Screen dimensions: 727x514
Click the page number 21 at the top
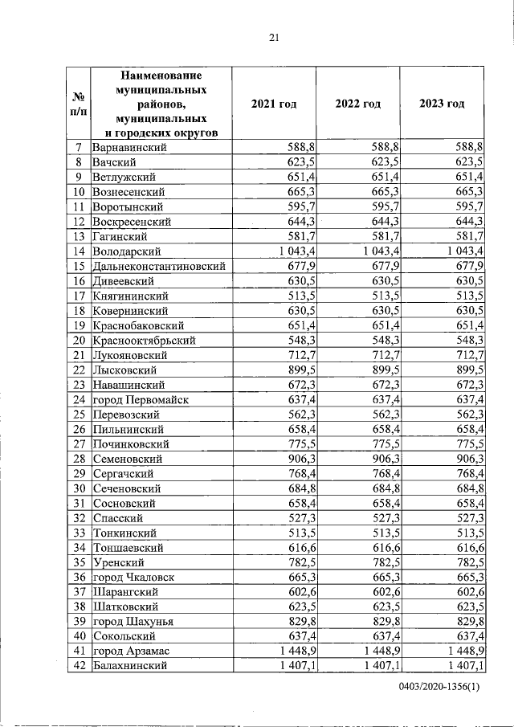click(273, 37)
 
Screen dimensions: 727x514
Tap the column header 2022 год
click(357, 104)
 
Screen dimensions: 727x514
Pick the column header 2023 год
click(442, 104)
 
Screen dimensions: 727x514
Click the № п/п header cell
click(79, 104)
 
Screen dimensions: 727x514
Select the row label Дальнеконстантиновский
click(158, 266)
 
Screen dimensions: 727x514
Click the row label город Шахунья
click(133, 621)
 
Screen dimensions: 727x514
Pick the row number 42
click(79, 665)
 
